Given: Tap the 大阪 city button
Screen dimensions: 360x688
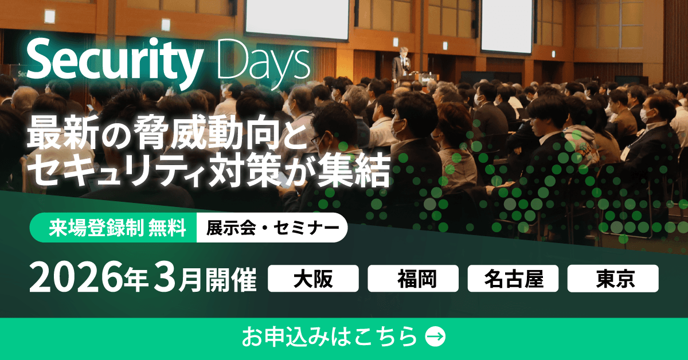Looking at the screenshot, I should (313, 279).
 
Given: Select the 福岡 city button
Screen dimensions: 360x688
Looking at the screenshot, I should (413, 279).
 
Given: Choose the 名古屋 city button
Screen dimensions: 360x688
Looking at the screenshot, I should (513, 279).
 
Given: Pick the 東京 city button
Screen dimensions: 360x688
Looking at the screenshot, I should (613, 279).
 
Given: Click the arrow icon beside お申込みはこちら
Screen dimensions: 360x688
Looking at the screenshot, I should (435, 336).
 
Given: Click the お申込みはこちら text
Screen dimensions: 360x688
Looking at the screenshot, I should (329, 336).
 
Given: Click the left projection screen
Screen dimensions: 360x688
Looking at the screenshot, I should (296, 19).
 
